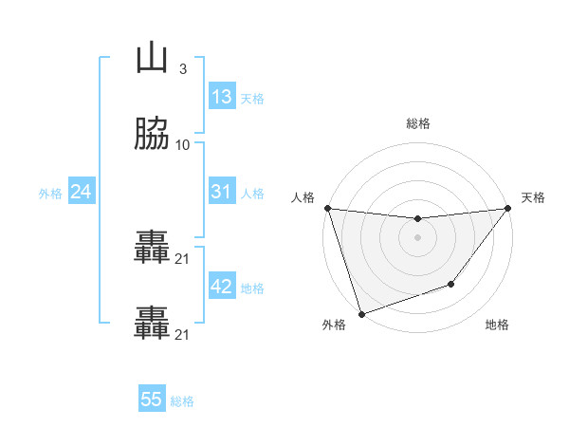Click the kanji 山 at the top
pos(152,59)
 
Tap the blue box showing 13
pos(221,97)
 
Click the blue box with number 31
pos(221,192)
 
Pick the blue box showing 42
pos(221,287)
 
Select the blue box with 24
pos(82,192)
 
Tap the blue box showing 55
pos(152,400)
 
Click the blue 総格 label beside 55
pos(182,401)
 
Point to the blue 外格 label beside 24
pos(50,194)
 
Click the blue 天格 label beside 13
pos(252,99)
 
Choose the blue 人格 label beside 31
pos(252,194)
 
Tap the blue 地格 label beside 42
pos(252,288)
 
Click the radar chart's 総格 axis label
pos(417,123)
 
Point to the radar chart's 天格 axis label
pos(534,197)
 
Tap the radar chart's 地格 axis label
pos(497,325)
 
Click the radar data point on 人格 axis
pos(327,208)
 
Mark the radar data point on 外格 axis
pos(361,313)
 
